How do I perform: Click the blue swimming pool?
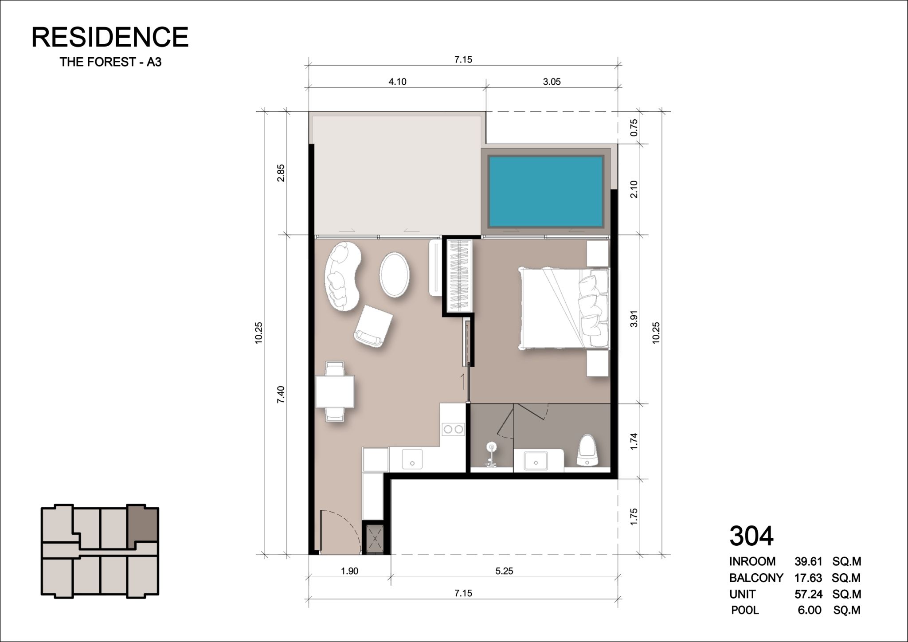click(546, 191)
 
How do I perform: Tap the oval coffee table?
click(394, 274)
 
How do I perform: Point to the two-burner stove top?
click(453, 429)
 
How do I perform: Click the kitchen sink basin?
click(412, 459)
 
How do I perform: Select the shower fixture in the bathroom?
click(491, 454)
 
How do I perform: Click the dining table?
click(335, 391)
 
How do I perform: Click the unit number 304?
click(751, 536)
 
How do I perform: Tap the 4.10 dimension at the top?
click(397, 82)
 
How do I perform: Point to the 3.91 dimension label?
click(634, 319)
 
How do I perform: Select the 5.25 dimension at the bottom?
click(504, 571)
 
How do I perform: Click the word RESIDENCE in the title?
click(110, 37)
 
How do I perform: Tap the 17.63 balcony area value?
click(808, 578)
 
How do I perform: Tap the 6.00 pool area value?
click(810, 610)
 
